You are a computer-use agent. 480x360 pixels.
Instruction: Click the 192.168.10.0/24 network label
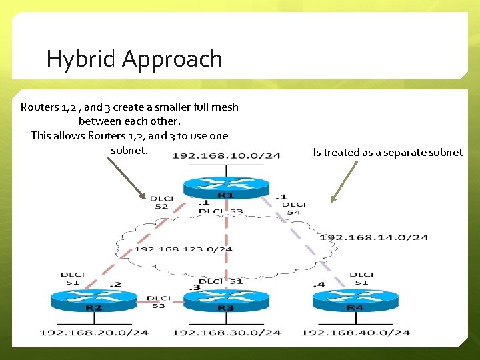click(226, 156)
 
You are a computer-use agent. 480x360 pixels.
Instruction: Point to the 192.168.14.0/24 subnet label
click(373, 237)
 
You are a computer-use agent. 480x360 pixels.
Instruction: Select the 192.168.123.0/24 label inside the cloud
click(183, 250)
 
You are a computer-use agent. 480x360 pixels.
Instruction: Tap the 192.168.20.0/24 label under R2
click(94, 332)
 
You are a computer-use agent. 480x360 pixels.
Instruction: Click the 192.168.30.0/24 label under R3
click(226, 332)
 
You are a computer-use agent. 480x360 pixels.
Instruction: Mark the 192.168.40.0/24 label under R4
click(355, 332)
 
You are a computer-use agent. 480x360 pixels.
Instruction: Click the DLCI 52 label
click(161, 202)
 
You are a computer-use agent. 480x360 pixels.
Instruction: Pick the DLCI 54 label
click(294, 207)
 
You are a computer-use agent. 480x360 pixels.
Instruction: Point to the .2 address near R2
click(117, 285)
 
